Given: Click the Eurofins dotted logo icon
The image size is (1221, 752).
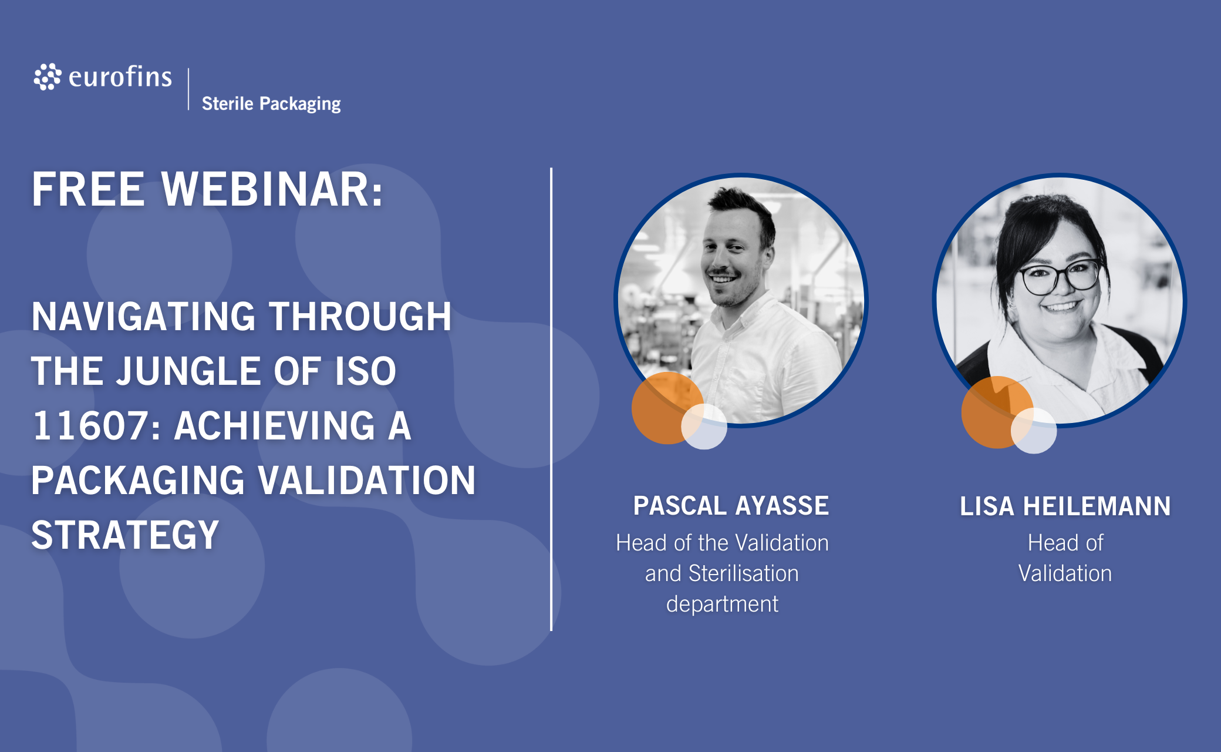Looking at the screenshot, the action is pos(48,77).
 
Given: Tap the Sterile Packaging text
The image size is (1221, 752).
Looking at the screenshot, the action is pos(271,104).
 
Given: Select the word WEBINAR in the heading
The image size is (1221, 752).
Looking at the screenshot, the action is pos(272,189).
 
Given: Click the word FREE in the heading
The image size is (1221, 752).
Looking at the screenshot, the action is pos(88,189).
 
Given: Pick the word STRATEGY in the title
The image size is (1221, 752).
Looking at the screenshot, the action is pos(125,535).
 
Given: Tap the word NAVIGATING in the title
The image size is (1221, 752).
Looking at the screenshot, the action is pos(144,317).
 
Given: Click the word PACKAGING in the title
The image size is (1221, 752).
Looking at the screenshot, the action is pos(138,481).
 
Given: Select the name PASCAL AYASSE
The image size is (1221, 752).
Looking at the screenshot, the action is pos(731,506).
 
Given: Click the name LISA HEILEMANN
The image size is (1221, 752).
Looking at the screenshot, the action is pos(1065,506).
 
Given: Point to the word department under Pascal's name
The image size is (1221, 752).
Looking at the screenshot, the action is pos(723,605).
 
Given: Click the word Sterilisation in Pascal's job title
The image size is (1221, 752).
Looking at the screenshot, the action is pos(744,573).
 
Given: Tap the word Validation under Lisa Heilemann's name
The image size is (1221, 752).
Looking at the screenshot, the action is pos(1065,573).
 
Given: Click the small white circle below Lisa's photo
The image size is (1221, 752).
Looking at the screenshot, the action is pos(1034,431).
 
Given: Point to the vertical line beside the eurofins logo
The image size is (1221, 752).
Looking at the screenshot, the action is pos(188,89).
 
